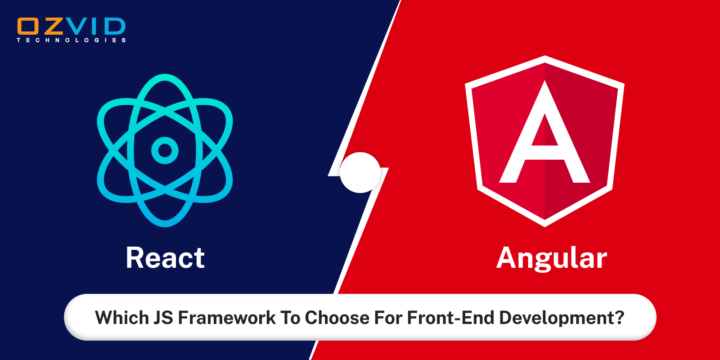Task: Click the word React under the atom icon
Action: click(x=165, y=258)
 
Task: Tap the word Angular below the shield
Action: click(x=552, y=258)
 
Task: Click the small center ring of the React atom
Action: click(x=165, y=150)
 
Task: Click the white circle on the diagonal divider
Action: click(x=360, y=172)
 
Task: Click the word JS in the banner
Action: click(x=163, y=318)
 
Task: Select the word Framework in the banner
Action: click(x=227, y=318)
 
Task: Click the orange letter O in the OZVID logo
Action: click(x=28, y=27)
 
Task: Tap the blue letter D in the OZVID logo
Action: click(x=114, y=27)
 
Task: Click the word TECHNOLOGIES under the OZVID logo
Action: click(x=72, y=40)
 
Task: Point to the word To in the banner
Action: click(x=290, y=318)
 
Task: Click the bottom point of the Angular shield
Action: click(x=544, y=224)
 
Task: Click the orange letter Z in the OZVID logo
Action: click(x=53, y=27)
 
